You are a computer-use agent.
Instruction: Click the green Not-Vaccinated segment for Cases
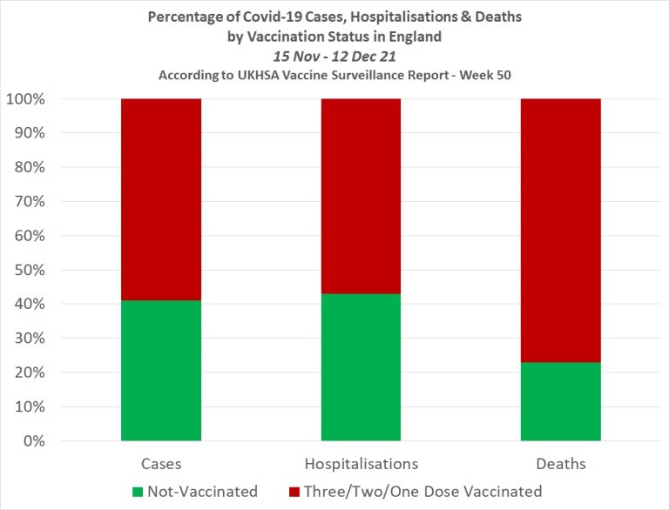tap(161, 371)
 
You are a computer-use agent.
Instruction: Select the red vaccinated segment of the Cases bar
tap(161, 199)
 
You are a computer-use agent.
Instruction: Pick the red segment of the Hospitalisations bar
tap(361, 196)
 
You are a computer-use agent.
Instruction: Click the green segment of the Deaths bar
tap(560, 401)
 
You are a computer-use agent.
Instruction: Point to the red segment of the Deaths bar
tap(560, 231)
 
